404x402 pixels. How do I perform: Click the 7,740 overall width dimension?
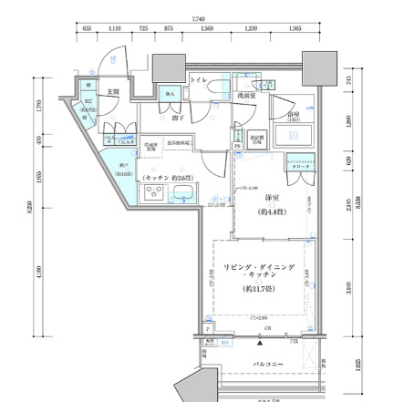point(198,18)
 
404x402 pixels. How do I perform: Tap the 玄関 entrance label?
point(113,92)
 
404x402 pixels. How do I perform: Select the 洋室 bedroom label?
point(272,198)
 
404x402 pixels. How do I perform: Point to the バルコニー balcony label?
point(266,365)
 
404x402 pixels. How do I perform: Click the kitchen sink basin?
point(183,192)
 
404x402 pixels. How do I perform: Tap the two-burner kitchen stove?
point(151,192)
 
